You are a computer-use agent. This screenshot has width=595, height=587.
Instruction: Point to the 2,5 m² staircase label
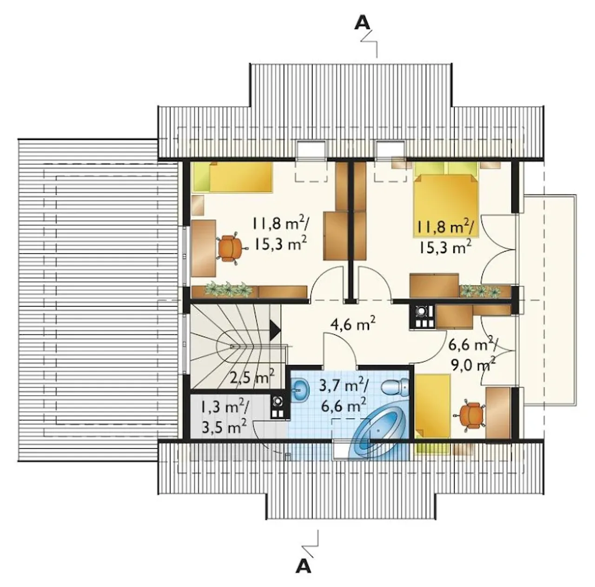tap(252, 376)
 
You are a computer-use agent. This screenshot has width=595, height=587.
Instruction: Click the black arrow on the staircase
tap(275, 330)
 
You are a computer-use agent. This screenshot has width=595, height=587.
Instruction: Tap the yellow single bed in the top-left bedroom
tap(233, 177)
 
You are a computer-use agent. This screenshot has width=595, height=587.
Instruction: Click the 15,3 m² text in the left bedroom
tap(280, 244)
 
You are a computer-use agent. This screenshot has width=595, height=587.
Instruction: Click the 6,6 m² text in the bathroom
tap(344, 405)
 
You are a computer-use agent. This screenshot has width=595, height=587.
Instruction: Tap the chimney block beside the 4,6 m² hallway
tap(422, 316)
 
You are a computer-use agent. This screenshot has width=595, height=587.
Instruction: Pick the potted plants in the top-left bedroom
tap(228, 290)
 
